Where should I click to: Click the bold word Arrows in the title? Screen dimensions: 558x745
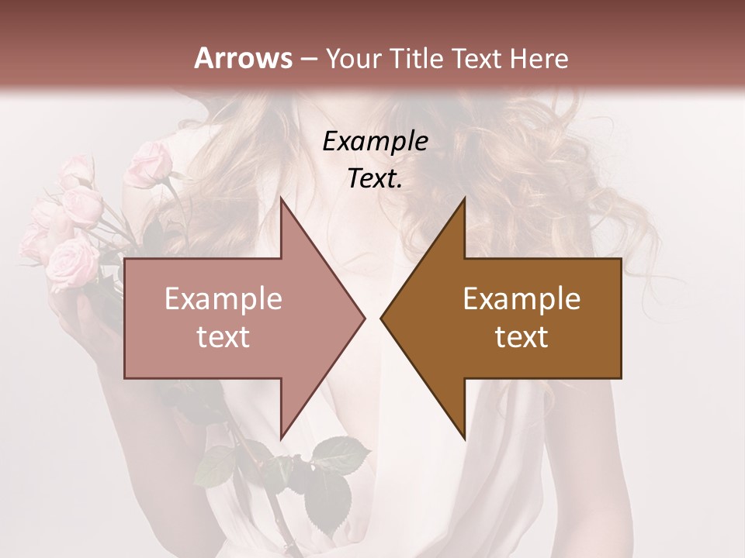point(244,58)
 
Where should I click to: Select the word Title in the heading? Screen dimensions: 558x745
point(417,58)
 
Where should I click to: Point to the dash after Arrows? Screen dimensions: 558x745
point(308,59)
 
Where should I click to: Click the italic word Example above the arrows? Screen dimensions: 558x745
point(375,142)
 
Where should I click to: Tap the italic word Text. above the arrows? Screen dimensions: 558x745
point(375,178)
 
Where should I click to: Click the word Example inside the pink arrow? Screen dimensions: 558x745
point(223,299)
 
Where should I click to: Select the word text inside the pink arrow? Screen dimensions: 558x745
point(223,337)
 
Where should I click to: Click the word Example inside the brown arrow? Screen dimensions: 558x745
point(521,299)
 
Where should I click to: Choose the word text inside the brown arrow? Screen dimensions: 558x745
point(521,337)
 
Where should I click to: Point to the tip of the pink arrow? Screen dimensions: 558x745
point(363,318)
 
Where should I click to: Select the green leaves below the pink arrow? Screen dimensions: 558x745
point(326,473)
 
